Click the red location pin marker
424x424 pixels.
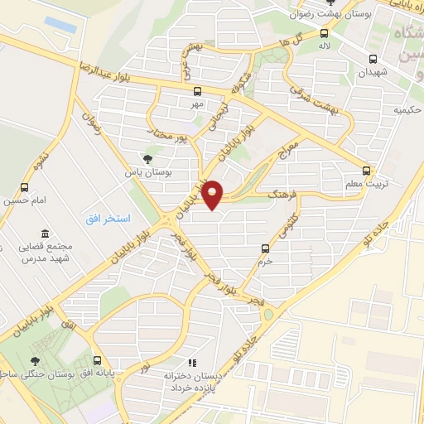[213, 193]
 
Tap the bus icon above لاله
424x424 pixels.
[323, 35]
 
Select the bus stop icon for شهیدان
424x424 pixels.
[373, 59]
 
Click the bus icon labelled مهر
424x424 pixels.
[197, 92]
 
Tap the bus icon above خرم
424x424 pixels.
[265, 248]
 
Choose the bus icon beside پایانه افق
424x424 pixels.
[99, 361]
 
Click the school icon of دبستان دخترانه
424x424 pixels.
[192, 363]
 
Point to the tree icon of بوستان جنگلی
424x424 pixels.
[35, 361]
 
